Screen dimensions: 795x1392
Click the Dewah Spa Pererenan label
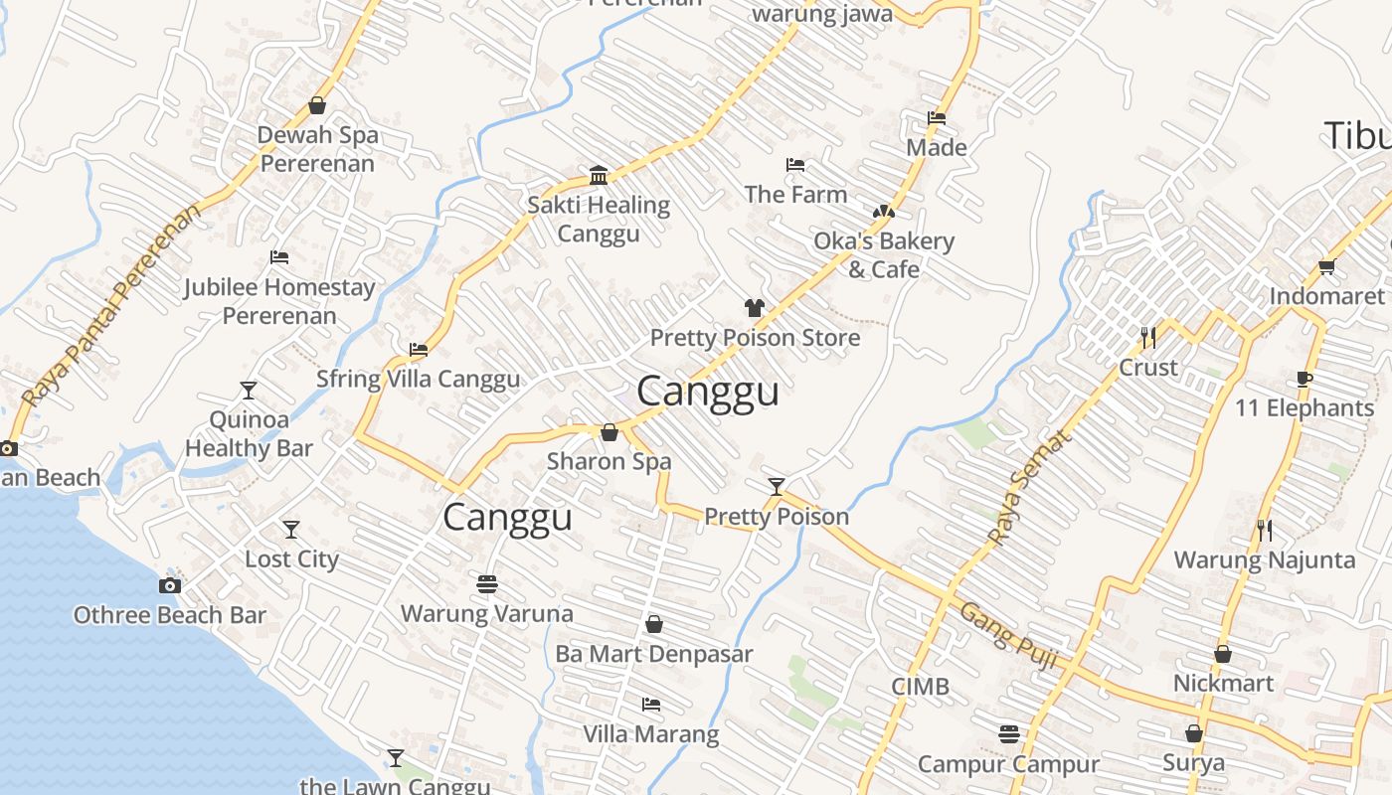(317, 149)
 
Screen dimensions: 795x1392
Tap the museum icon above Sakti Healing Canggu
(599, 176)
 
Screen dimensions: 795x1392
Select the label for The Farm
(795, 195)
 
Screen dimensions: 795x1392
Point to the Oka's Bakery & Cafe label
(883, 255)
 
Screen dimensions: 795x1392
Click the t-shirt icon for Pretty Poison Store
(755, 308)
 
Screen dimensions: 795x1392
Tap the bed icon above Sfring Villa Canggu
(419, 350)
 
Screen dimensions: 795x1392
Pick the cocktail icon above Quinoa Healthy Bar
(249, 391)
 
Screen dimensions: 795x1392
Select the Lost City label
(291, 559)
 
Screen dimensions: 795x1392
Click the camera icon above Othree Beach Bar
(170, 585)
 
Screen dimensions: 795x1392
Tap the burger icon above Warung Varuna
(487, 584)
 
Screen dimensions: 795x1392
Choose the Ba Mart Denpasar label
(653, 654)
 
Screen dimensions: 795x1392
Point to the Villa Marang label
(650, 734)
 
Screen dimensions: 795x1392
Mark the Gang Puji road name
(1006, 635)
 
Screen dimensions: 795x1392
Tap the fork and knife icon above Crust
(1148, 338)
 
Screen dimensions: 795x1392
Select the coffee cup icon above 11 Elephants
(1305, 379)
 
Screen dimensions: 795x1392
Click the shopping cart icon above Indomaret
(1326, 266)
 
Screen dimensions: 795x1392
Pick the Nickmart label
(1223, 684)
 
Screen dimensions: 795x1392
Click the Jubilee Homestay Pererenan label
(279, 302)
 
